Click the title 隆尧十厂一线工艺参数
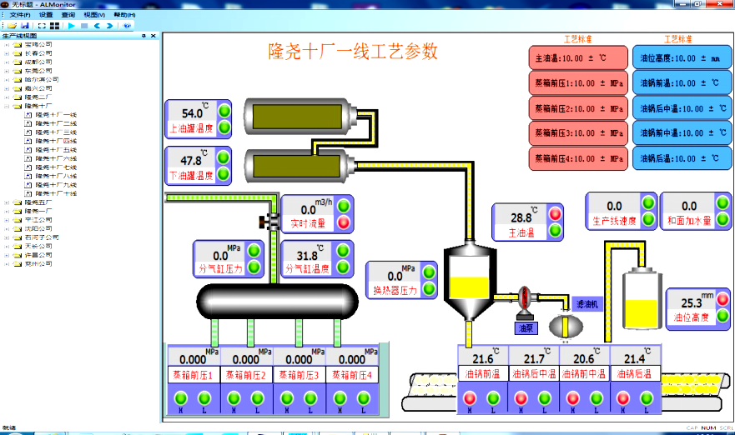(x=352, y=52)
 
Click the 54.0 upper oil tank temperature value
(x=192, y=113)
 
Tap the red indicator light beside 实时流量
(x=344, y=222)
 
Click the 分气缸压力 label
(x=219, y=269)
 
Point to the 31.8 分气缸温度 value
(x=307, y=255)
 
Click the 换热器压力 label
(x=395, y=291)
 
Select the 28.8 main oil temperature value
(x=521, y=217)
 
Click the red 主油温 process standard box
(x=577, y=58)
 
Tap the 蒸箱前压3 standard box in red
(x=577, y=132)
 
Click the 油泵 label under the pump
(x=526, y=328)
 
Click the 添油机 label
(x=587, y=305)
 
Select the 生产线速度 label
(x=614, y=221)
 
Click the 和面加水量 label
(x=689, y=221)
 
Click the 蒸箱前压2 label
(x=247, y=375)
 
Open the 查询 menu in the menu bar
(x=68, y=15)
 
